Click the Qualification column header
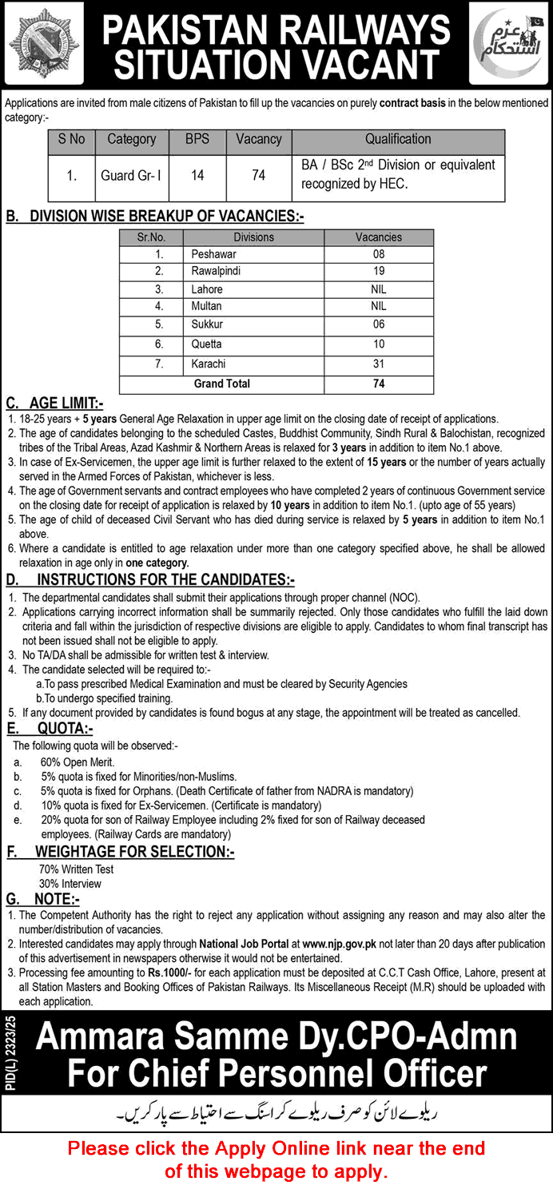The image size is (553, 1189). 398,139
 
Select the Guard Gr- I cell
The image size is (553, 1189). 131,175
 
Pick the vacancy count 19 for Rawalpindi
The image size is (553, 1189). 379,271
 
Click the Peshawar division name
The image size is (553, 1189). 213,254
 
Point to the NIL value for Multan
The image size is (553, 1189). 379,306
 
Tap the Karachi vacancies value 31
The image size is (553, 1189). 379,364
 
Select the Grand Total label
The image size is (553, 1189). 221,384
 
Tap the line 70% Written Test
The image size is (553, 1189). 76,869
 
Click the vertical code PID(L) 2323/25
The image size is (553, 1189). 17,1051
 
